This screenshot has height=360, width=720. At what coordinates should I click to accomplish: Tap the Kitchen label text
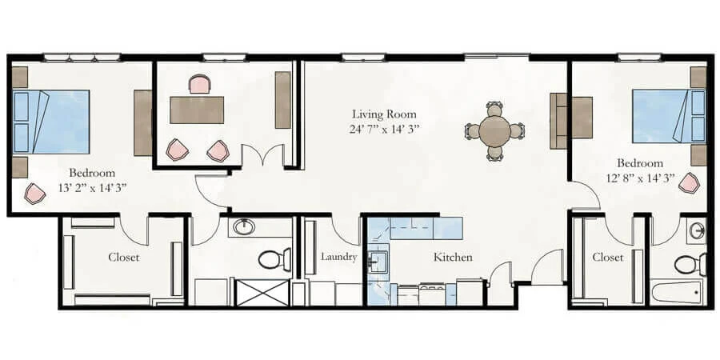click(x=453, y=258)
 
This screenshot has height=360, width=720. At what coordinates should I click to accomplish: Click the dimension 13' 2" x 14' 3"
click(x=92, y=187)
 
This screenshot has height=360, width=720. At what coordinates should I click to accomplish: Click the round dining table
click(x=495, y=130)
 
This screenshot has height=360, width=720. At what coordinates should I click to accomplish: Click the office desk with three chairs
click(x=197, y=110)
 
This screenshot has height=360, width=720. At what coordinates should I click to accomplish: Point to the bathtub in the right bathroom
click(x=675, y=292)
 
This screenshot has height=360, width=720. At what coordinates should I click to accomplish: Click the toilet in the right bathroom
click(x=689, y=263)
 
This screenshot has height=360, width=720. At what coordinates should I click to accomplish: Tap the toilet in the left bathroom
click(x=274, y=260)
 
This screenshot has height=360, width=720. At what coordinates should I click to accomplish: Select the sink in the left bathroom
click(x=242, y=228)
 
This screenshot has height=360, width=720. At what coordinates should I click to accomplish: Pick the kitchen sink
click(x=377, y=260)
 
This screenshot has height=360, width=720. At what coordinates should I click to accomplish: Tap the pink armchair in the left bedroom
click(x=34, y=193)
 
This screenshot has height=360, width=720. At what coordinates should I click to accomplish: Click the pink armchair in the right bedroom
click(x=688, y=183)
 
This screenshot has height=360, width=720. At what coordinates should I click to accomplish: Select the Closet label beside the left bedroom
click(x=124, y=258)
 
